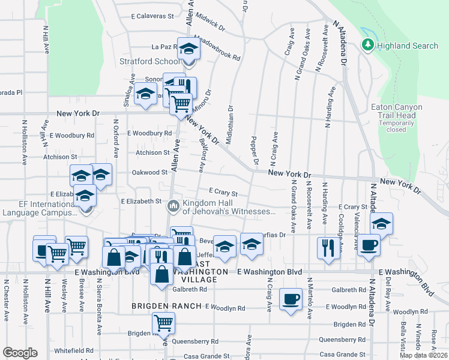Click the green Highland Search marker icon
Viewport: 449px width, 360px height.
[367, 45]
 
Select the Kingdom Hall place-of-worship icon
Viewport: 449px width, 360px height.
[173, 206]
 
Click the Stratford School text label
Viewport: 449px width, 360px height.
[149, 61]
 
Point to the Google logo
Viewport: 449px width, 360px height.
[20, 353]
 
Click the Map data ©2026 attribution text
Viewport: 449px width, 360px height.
[423, 355]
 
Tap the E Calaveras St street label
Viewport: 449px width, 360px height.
[152, 16]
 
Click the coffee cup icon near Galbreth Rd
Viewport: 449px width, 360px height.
[291, 299]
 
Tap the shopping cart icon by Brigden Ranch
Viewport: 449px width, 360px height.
[163, 323]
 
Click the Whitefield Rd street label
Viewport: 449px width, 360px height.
[73, 350]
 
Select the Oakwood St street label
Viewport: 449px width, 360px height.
[149, 172]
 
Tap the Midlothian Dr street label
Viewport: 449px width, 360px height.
[229, 127]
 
